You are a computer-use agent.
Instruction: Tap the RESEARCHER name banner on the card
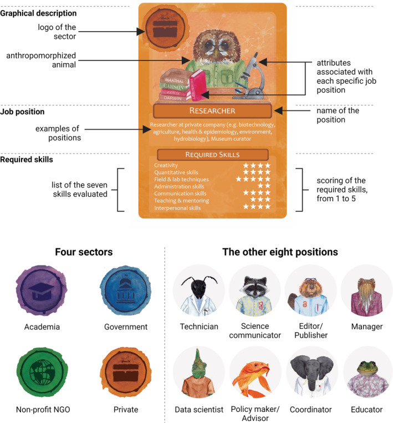(x=212, y=111)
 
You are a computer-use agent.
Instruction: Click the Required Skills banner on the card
(x=212, y=154)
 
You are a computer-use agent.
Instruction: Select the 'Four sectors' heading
(x=84, y=252)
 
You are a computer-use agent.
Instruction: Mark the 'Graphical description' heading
(x=38, y=13)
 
